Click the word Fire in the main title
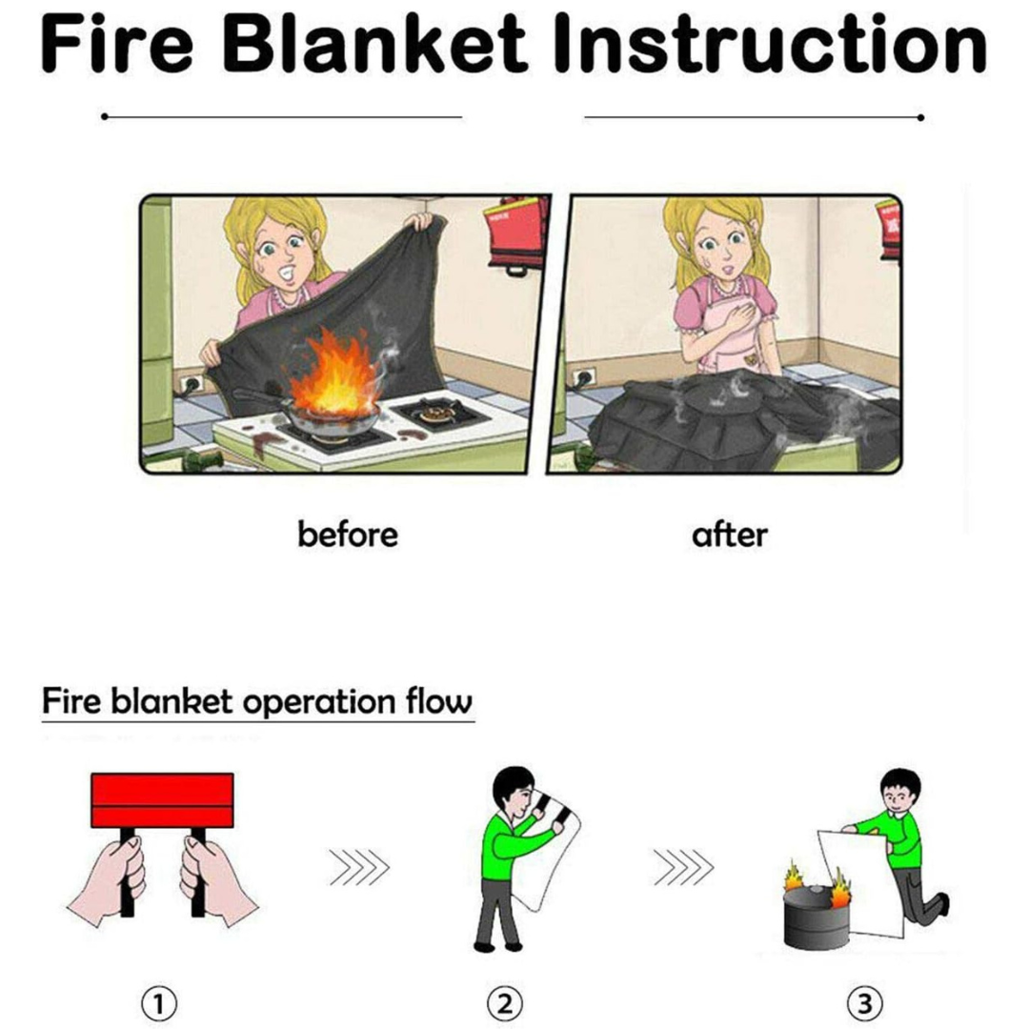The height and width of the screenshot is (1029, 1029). tap(117, 43)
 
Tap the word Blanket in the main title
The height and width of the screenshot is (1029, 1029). tap(374, 43)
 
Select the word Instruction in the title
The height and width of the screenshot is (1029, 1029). tap(771, 43)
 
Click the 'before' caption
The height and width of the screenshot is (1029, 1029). tap(348, 535)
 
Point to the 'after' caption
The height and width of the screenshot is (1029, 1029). tap(729, 535)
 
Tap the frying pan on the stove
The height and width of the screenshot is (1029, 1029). tap(322, 414)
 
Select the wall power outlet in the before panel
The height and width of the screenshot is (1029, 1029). tap(192, 383)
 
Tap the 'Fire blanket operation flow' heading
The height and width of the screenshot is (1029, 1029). tap(256, 701)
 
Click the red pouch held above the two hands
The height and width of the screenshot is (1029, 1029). tap(162, 800)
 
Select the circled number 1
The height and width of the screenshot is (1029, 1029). tap(159, 1003)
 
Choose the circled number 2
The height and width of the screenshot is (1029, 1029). tap(505, 1003)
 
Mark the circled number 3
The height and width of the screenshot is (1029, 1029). tap(864, 1003)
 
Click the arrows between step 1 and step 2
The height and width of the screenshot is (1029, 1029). tap(359, 867)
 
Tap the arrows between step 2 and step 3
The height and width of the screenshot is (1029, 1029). tap(683, 867)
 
